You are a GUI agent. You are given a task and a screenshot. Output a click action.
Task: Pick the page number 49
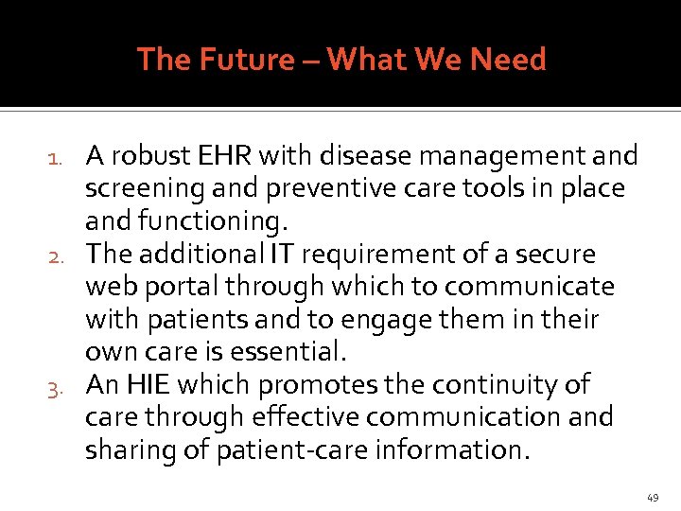click(653, 498)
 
